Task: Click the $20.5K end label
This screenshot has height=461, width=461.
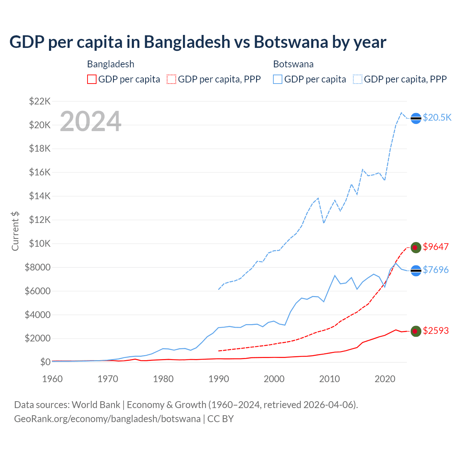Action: [437, 117]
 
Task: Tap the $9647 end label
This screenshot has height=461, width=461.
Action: [435, 247]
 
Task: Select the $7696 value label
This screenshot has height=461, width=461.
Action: [435, 270]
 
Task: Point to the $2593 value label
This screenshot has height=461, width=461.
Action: [435, 331]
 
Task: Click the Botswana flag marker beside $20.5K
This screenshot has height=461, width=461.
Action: [416, 118]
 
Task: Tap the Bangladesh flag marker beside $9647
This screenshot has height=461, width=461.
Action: [416, 247]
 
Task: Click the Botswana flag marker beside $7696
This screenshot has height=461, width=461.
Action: [416, 270]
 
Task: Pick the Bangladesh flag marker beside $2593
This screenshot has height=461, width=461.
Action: [416, 331]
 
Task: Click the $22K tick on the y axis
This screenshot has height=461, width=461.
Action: [40, 101]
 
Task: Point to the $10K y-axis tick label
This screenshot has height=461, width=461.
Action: [40, 243]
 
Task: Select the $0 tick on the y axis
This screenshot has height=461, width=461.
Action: [45, 362]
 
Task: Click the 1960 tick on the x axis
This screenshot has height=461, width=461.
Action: [53, 379]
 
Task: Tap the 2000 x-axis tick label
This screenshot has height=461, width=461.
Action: [274, 379]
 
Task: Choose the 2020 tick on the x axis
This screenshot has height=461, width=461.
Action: [385, 379]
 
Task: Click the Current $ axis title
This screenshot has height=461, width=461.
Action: [15, 231]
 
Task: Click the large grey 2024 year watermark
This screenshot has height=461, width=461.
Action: [90, 122]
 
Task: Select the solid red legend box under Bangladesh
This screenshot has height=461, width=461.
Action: [92, 79]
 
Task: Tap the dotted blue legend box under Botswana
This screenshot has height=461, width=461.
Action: [358, 79]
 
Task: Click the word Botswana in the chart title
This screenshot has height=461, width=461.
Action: [291, 42]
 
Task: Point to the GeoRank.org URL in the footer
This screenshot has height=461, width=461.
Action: [107, 419]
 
